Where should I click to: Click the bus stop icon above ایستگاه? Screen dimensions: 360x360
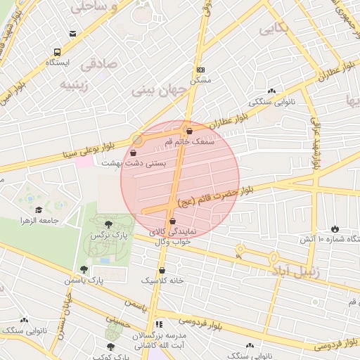[x=57, y=52]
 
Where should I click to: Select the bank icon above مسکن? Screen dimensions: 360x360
[x=200, y=70]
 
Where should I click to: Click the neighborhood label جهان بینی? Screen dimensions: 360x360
[x=157, y=91]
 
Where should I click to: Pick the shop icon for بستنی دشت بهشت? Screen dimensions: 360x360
[x=134, y=152]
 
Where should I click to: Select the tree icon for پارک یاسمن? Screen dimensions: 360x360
[x=84, y=269]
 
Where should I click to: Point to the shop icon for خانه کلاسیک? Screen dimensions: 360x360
[x=162, y=269]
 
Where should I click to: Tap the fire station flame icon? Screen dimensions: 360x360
[x=333, y=229]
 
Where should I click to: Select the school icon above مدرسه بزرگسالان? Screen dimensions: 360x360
[x=159, y=324]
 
